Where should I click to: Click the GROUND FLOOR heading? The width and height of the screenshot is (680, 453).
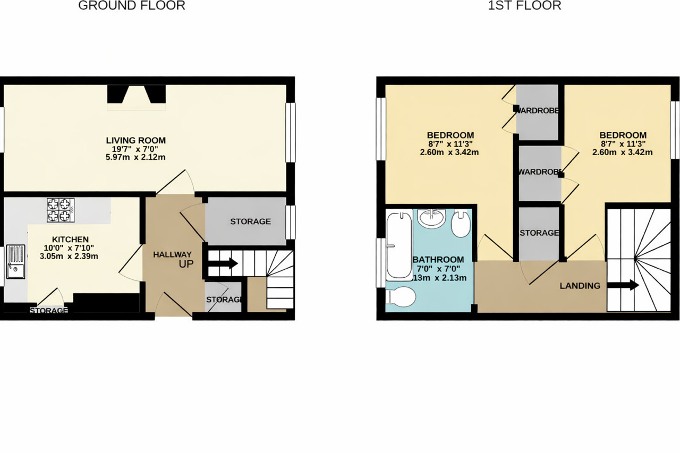pos(132,6)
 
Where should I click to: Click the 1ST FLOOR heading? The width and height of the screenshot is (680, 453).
pos(524,6)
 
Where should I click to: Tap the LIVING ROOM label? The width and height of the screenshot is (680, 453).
pos(135,141)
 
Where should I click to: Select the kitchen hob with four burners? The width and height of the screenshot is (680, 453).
pos(59,209)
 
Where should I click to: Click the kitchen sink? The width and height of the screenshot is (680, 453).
pos(16,264)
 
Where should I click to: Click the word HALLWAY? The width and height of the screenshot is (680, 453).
pos(172,255)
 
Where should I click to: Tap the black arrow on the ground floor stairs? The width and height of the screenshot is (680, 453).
pos(225,263)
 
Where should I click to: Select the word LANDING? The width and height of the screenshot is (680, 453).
pos(580,286)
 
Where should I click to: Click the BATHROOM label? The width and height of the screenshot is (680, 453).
pos(438,259)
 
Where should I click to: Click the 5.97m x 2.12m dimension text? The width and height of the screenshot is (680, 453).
pos(135,157)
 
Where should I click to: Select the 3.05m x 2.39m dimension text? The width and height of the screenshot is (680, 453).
pos(70,256)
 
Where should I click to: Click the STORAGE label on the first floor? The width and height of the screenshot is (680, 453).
pos(539,233)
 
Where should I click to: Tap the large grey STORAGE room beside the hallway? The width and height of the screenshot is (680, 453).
pos(250,221)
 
